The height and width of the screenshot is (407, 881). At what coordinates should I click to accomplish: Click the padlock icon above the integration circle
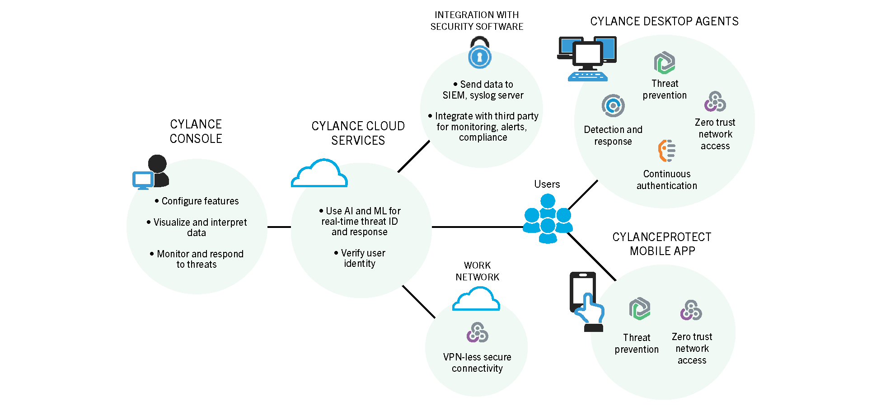coord(479,53)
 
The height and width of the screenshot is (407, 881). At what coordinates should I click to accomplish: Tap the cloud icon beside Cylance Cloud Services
coord(319,174)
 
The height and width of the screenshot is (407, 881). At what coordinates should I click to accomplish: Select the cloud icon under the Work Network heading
coord(476,299)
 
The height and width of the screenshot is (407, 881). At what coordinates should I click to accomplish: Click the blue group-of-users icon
coord(548,219)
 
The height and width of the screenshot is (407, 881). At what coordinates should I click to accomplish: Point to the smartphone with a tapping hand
coord(586,302)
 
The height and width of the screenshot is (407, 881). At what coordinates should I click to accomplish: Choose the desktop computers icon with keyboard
coord(587,58)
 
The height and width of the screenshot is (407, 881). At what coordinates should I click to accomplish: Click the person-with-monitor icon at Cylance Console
coord(151,172)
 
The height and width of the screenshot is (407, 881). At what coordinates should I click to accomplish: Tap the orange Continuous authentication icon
coord(667,151)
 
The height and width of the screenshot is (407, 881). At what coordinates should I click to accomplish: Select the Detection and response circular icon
coord(613,106)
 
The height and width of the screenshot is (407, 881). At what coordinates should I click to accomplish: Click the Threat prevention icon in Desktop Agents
coord(665,63)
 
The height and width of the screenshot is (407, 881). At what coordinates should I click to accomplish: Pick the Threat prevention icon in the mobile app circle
coord(640,309)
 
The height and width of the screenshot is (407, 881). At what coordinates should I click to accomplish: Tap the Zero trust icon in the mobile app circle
coord(691,310)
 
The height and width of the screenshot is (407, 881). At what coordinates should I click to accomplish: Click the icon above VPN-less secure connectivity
coord(477,332)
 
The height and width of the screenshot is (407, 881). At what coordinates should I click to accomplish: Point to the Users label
coord(547,184)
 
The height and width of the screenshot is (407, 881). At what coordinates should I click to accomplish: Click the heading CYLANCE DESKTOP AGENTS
coord(664,21)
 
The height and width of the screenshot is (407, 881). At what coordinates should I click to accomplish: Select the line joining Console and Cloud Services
coord(279,227)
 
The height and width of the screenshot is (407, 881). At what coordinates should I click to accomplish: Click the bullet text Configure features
coord(200,201)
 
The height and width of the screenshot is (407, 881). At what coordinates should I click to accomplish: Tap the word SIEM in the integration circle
coord(454,95)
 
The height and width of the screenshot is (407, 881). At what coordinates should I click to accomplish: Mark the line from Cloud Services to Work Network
coord(418,302)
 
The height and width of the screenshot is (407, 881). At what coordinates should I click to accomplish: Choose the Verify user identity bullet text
coord(360,258)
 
